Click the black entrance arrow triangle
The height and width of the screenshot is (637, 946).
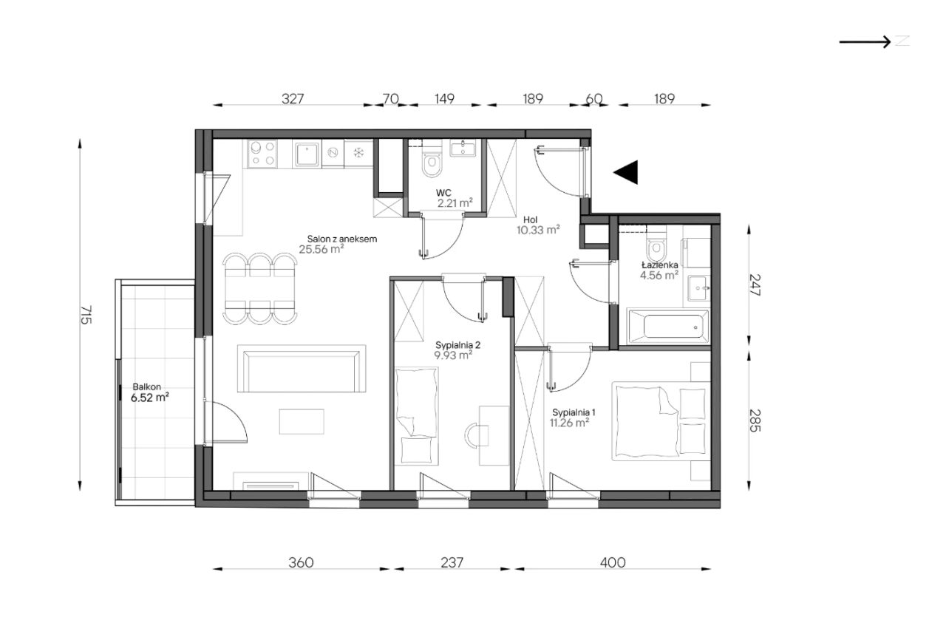[627, 172]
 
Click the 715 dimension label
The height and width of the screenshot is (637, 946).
[86, 315]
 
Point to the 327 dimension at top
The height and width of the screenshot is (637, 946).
[293, 99]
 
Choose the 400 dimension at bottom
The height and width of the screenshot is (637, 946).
[613, 562]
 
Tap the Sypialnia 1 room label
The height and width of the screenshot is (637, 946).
[574, 412]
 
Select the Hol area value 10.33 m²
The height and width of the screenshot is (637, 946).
[538, 230]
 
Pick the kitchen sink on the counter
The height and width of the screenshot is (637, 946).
[307, 154]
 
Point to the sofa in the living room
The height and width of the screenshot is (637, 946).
[301, 368]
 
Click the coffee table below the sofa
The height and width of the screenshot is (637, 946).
[302, 421]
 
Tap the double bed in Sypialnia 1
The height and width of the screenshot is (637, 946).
[661, 421]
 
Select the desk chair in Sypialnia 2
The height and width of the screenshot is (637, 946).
[476, 435]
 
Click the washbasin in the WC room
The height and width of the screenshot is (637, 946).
[463, 148]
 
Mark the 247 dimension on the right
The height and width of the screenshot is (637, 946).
[755, 285]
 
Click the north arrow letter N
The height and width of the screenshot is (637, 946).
[902, 41]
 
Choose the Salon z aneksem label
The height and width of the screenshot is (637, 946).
[342, 239]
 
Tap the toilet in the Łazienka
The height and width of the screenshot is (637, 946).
[656, 248]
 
